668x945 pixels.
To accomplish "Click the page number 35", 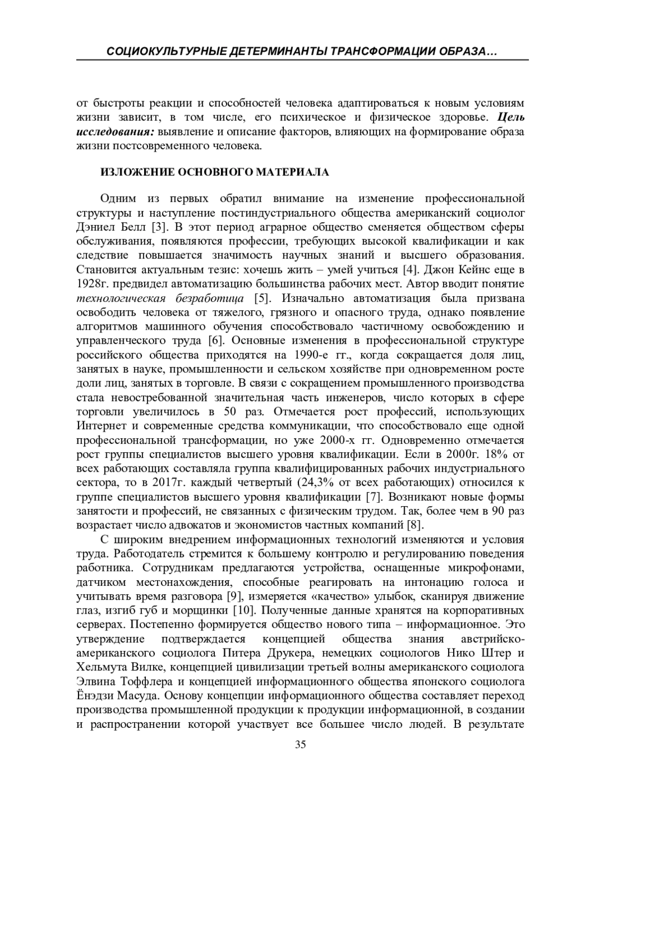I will pyautogui.click(x=301, y=745).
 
